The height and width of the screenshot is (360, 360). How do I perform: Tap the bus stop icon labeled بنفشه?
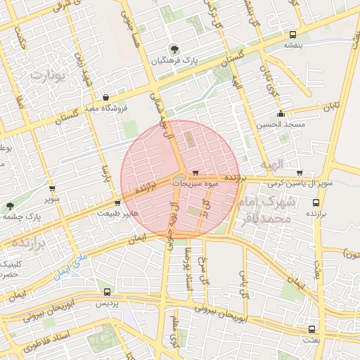point(292,34)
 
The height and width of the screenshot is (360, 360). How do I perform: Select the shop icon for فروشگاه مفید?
point(106,98)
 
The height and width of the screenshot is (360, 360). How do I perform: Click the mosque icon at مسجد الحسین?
point(281,113)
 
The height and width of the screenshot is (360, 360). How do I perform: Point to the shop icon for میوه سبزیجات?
point(195,172)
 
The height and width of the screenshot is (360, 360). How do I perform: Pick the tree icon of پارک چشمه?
point(9,206)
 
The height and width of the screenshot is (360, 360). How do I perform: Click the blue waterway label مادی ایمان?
point(70,266)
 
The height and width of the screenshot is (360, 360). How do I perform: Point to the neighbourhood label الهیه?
point(271,164)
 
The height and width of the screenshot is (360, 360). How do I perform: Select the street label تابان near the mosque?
point(330,108)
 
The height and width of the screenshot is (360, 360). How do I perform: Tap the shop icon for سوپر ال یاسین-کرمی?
point(300,172)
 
